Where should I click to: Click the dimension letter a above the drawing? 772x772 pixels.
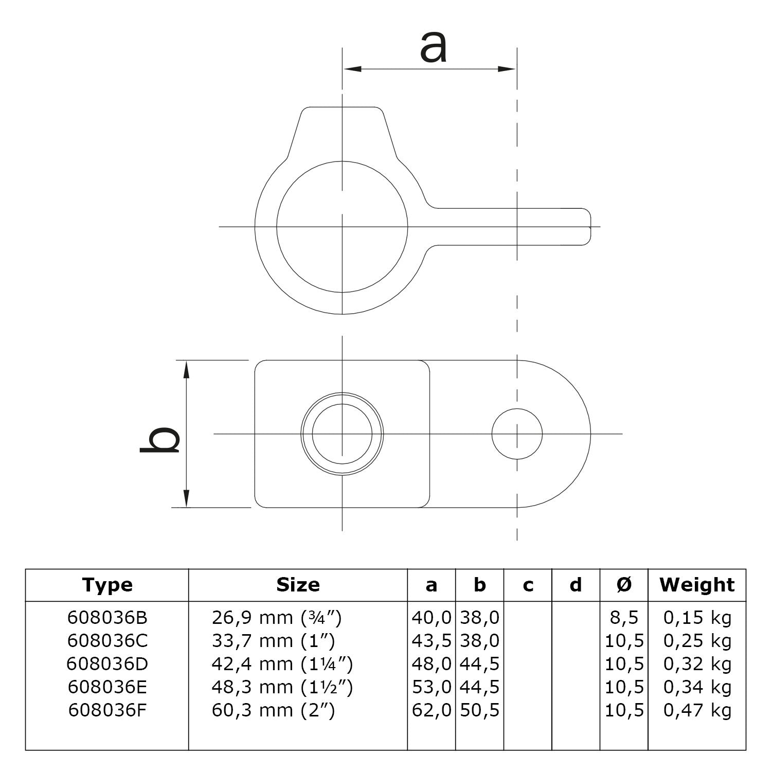pos(433,47)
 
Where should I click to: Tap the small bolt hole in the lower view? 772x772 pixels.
pos(516,434)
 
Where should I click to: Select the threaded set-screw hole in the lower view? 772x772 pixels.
pos(343,434)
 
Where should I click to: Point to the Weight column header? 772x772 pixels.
pos(697,585)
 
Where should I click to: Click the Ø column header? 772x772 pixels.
pos(624,585)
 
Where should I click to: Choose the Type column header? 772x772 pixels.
pos(107,585)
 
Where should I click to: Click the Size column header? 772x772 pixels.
pos(298,585)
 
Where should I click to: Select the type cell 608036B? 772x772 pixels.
pos(107,618)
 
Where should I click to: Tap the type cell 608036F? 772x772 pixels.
pos(107,710)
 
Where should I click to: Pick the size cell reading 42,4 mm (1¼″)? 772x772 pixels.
pos(282,664)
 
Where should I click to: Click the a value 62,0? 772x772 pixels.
pos(432,710)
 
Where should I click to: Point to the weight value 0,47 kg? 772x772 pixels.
pos(697,710)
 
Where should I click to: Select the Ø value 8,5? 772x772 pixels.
pos(624,618)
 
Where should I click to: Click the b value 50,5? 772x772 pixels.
pos(479,710)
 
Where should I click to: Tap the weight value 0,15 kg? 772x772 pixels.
pos(697,618)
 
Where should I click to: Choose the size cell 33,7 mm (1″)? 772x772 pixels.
pos(273,641)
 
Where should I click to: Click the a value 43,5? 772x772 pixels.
pos(432,641)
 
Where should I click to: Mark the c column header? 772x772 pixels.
pos(528,585)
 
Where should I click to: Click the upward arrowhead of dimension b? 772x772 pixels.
pos(187,368)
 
